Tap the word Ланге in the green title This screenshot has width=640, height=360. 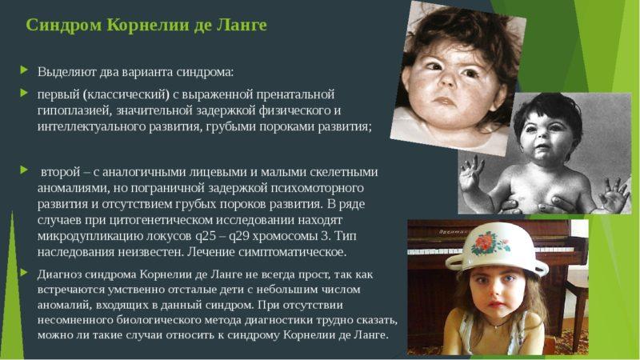(241, 25)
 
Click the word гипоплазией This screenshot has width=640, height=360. (76, 110)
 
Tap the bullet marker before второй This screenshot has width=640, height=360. (26, 170)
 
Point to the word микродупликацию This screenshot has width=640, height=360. (87, 236)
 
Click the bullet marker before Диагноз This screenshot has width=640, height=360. (26, 273)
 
